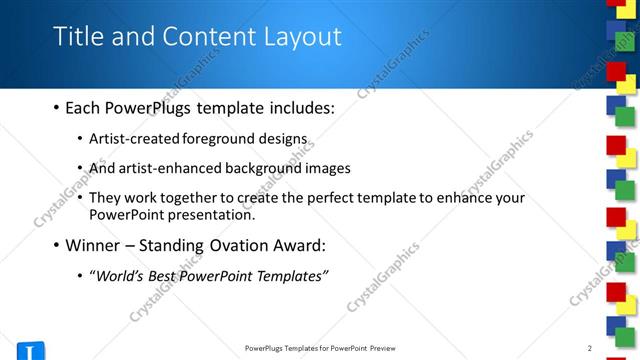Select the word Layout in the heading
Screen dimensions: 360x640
pyautogui.click(x=304, y=37)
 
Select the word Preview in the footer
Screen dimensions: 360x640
pyautogui.click(x=388, y=348)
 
